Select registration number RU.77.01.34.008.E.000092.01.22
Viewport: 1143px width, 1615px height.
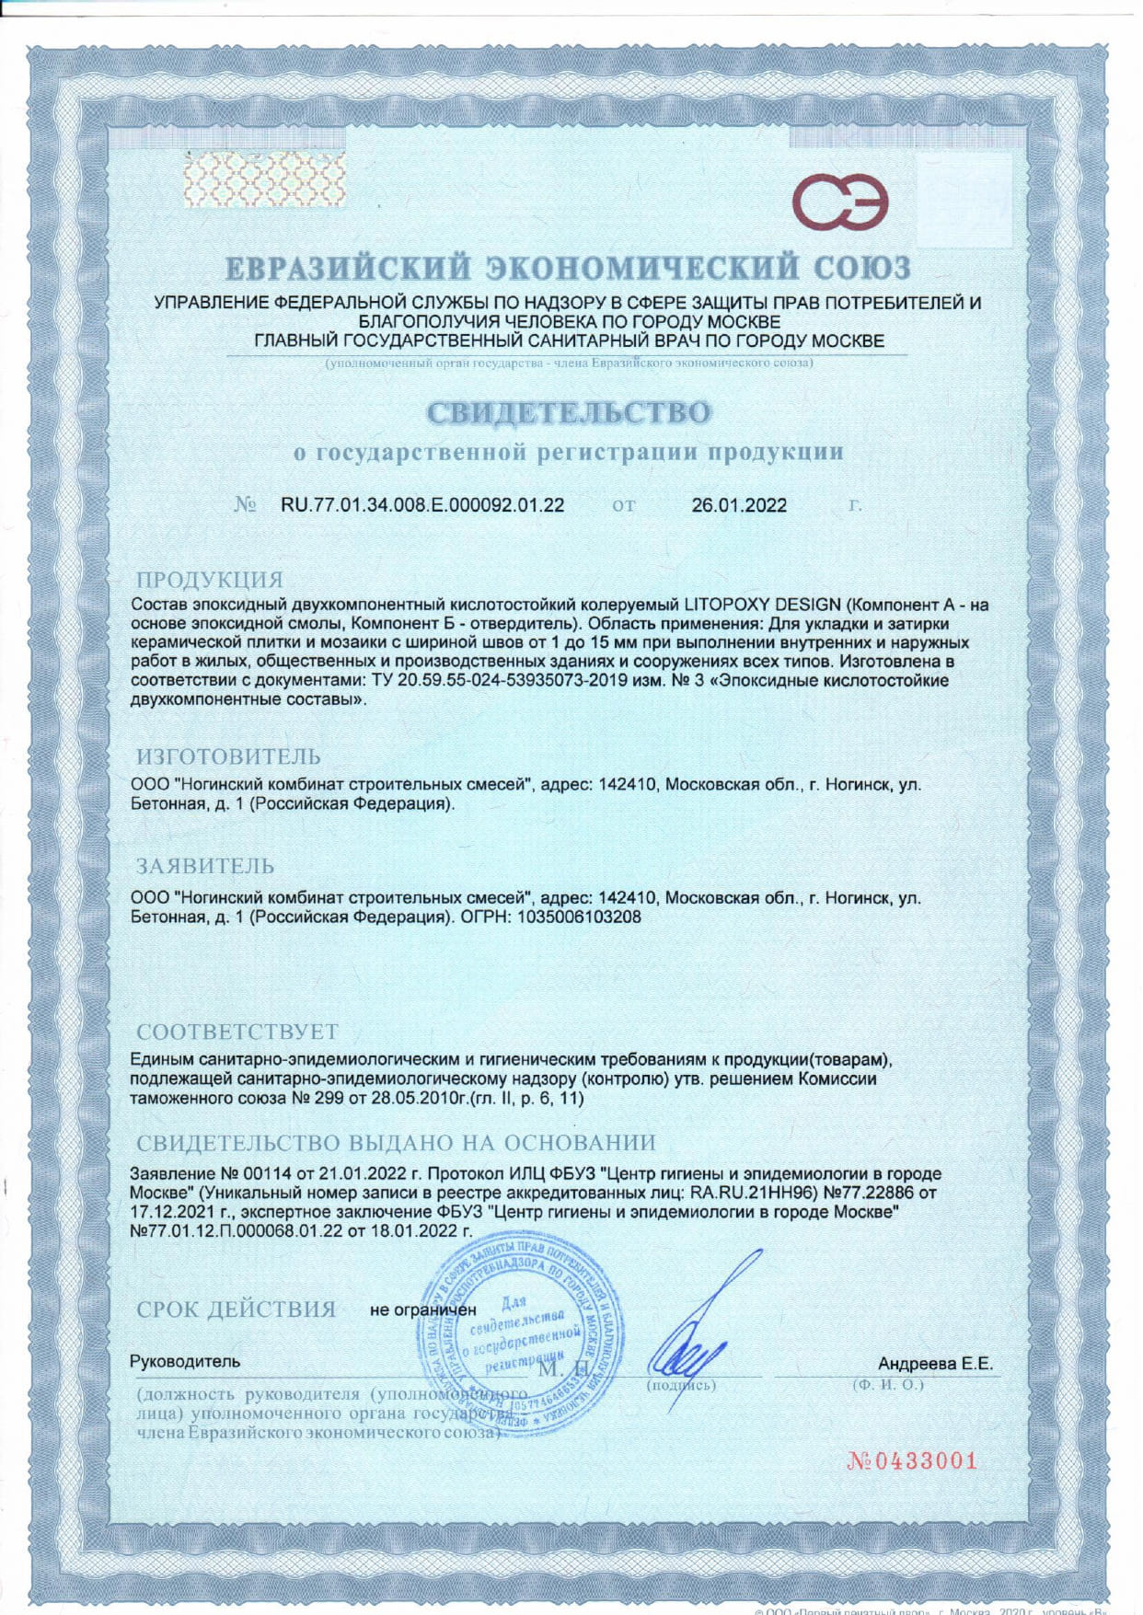coord(422,505)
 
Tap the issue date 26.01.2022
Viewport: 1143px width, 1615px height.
coord(739,505)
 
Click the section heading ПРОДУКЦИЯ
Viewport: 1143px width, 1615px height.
coord(210,580)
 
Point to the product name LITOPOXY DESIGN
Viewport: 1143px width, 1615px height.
coord(762,605)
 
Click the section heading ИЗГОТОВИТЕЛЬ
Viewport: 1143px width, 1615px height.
coord(229,756)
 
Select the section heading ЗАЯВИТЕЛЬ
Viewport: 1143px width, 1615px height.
coord(205,866)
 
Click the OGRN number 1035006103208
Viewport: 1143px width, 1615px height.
coord(581,917)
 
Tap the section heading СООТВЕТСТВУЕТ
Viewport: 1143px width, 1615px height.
coord(237,1031)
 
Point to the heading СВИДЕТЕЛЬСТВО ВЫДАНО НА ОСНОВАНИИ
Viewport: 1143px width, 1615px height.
coord(397,1143)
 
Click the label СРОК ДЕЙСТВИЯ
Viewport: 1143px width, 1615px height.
coord(237,1309)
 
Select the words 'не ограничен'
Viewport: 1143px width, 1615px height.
coord(422,1309)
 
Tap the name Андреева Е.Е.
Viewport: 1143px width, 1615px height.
coord(935,1364)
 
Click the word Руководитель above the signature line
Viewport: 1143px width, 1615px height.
coord(185,1361)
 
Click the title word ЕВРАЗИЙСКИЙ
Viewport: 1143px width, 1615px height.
coord(351,269)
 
